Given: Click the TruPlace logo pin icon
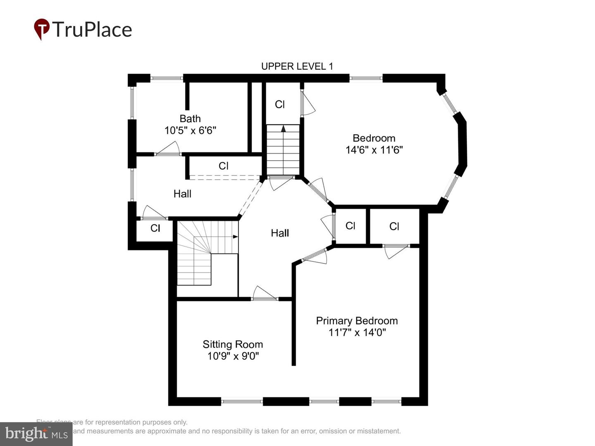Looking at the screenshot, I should pyautogui.click(x=41, y=29).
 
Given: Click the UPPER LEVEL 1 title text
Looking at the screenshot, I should pyautogui.click(x=297, y=66).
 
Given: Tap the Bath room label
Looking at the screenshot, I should pyautogui.click(x=190, y=119).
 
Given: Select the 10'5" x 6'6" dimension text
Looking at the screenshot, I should pyautogui.click(x=190, y=130).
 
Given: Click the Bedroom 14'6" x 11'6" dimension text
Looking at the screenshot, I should pyautogui.click(x=374, y=150).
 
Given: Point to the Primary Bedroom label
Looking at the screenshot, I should pyautogui.click(x=357, y=321).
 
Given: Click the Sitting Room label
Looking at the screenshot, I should pyautogui.click(x=233, y=344).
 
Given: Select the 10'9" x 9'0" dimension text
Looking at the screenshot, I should pyautogui.click(x=233, y=356).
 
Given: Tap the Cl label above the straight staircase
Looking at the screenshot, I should pyautogui.click(x=280, y=104).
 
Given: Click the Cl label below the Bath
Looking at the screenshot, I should pyautogui.click(x=223, y=166).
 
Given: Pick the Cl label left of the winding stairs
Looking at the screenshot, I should pyautogui.click(x=155, y=228).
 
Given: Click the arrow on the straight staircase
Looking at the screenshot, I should pyautogui.click(x=283, y=128).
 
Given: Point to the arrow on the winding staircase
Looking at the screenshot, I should pyautogui.click(x=235, y=237).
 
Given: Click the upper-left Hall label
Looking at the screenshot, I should pyautogui.click(x=182, y=194).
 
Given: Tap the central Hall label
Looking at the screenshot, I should pyautogui.click(x=280, y=233).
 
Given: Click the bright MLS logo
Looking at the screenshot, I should pyautogui.click(x=36, y=434).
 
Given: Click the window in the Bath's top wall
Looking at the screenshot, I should pyautogui.click(x=167, y=78).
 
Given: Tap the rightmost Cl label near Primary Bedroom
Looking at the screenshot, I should pyautogui.click(x=394, y=226).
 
